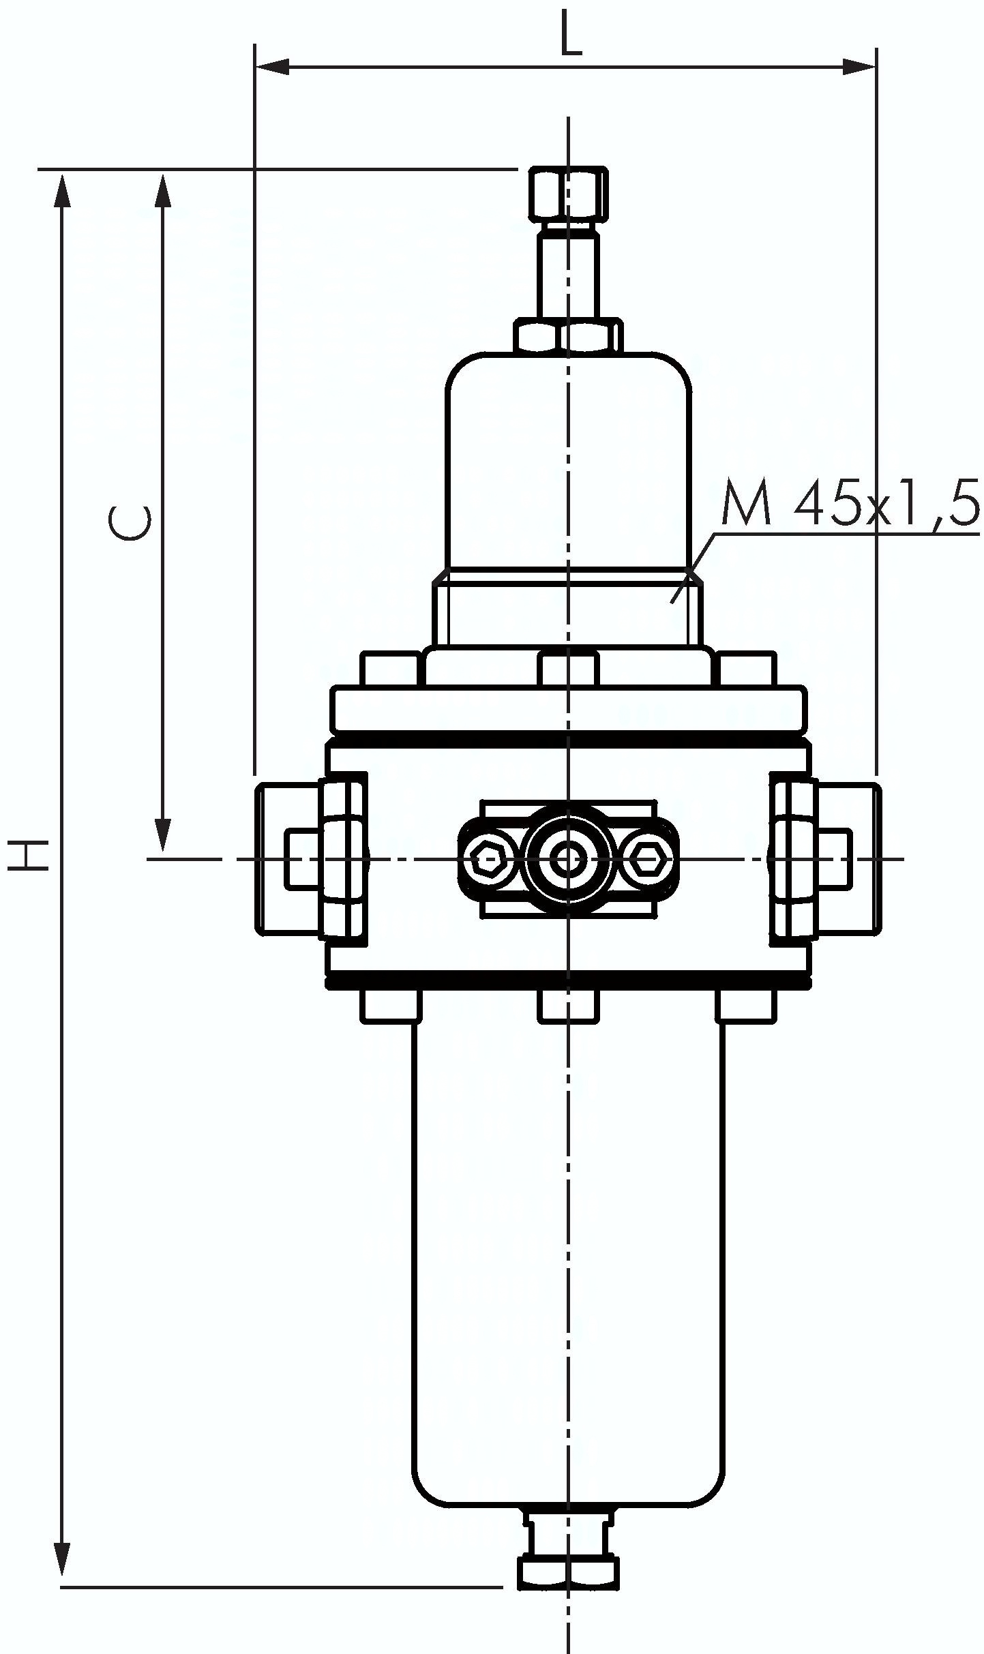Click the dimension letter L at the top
(571, 33)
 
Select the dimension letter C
(129, 522)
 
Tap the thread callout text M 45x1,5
(850, 505)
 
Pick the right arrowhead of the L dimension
(859, 67)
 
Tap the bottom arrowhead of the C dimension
(162, 834)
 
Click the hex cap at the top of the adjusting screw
(568, 194)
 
